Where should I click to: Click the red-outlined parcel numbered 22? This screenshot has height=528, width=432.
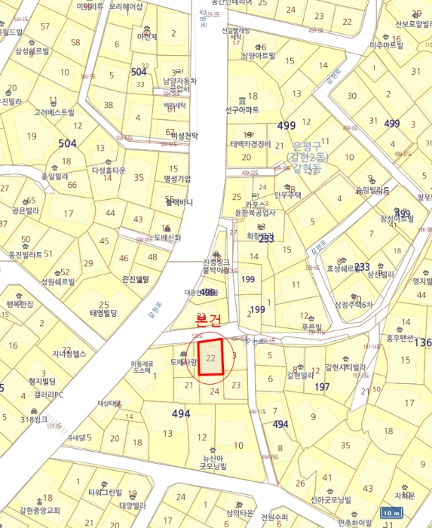pos(211,358)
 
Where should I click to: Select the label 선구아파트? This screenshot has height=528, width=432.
pos(242,110)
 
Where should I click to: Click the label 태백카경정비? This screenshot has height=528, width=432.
pos(250,143)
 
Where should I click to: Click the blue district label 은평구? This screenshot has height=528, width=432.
pos(307,145)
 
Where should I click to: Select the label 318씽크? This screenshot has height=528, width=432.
pos(35,419)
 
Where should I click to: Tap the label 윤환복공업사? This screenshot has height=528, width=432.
pos(256,213)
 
